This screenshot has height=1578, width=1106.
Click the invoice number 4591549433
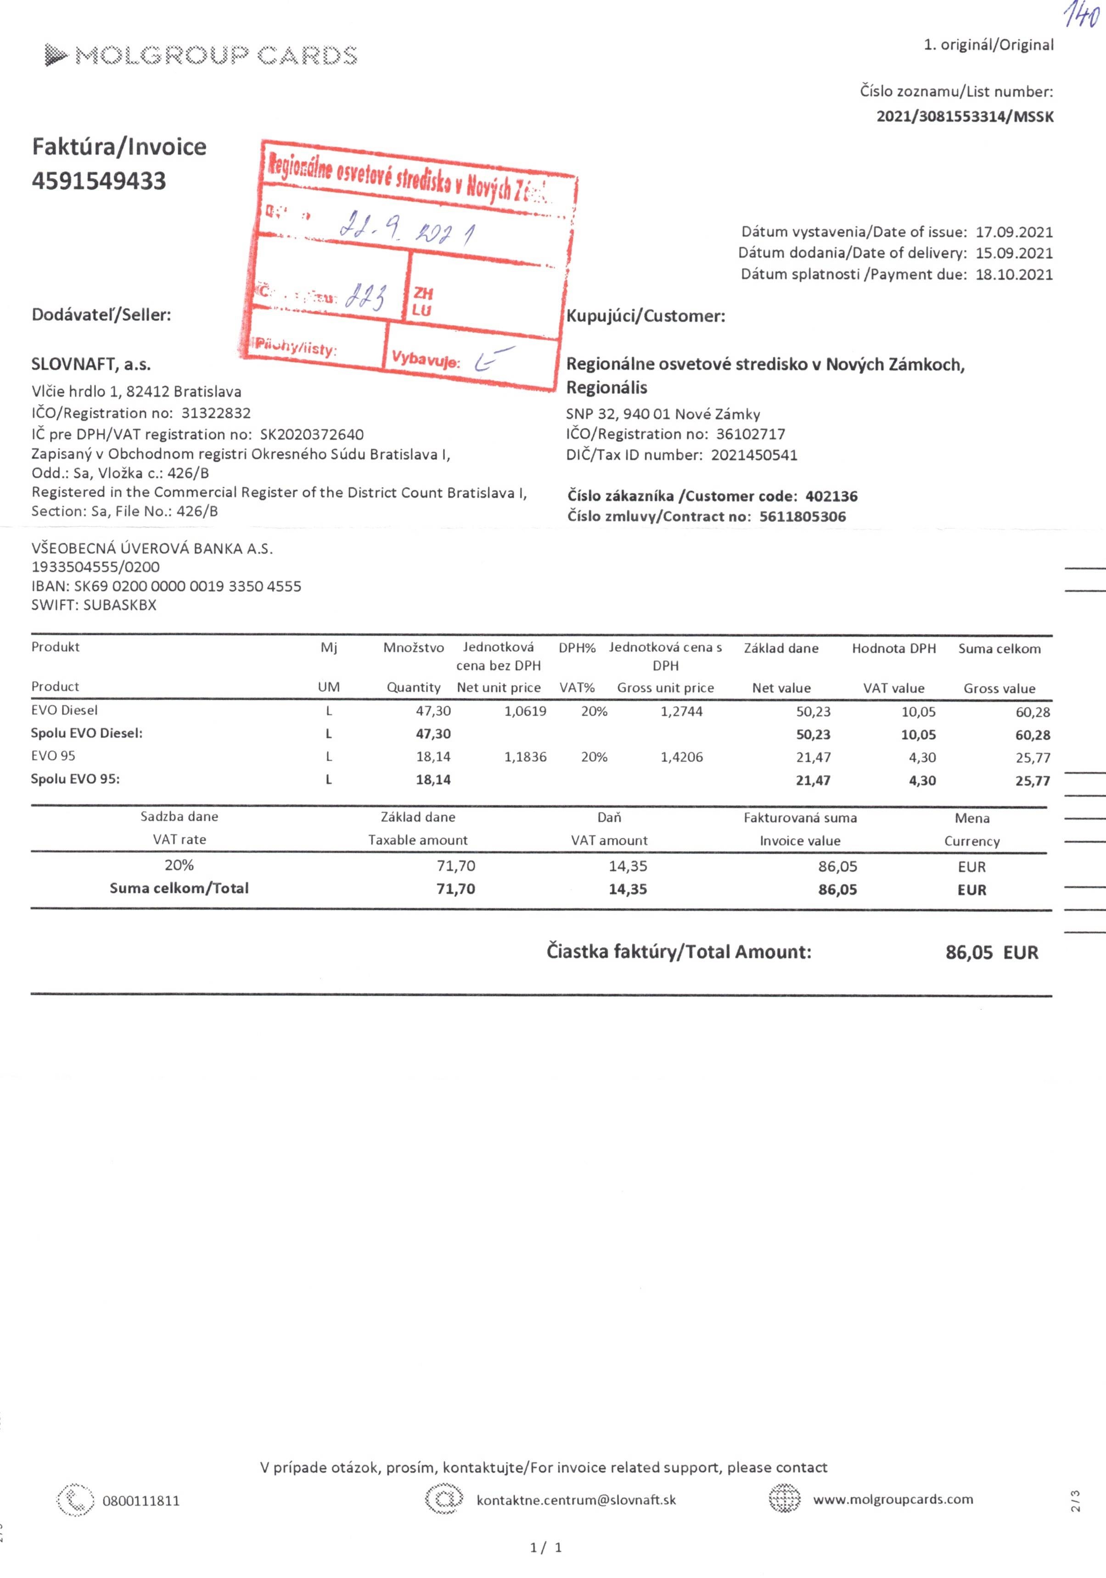99,181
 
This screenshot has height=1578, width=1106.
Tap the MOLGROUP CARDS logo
201,55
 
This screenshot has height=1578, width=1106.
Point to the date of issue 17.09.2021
1014,232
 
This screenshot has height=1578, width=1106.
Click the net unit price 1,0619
525,711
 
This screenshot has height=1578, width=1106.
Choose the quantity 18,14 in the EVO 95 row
433,757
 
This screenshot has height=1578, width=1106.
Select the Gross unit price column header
665,688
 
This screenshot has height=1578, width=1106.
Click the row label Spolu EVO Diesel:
87,733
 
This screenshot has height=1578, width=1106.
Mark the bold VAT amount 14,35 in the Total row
628,889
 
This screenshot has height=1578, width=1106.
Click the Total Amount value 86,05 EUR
991,953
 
